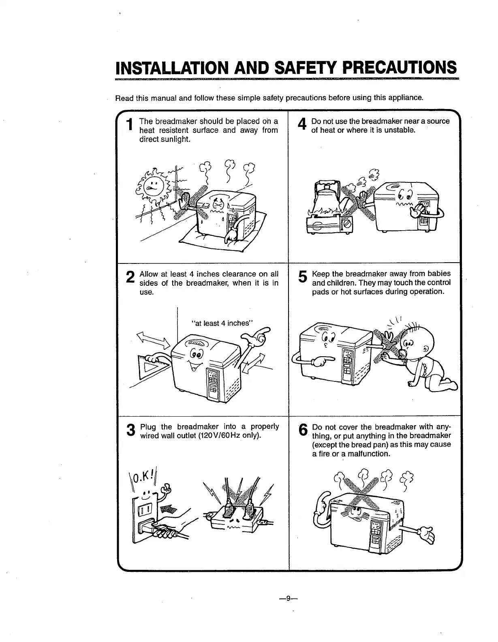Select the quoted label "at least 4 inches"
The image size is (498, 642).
click(x=222, y=323)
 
